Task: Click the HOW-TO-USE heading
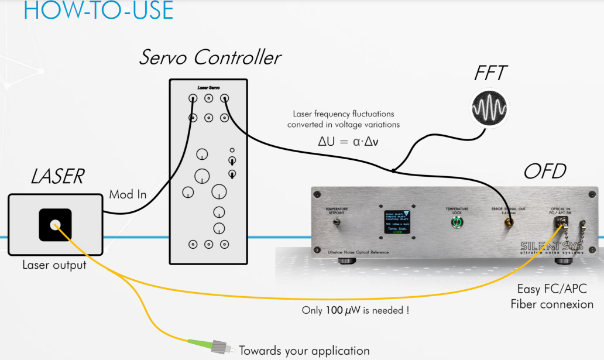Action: click(x=98, y=11)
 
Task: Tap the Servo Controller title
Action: click(x=210, y=57)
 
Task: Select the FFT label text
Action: click(x=490, y=73)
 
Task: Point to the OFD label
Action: click(x=545, y=172)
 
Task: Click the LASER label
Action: click(x=57, y=176)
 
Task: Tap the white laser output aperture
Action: click(x=55, y=225)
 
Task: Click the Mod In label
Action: click(x=128, y=194)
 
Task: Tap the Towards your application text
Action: click(x=304, y=351)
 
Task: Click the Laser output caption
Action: click(x=54, y=265)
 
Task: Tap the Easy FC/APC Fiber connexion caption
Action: click(x=552, y=296)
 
